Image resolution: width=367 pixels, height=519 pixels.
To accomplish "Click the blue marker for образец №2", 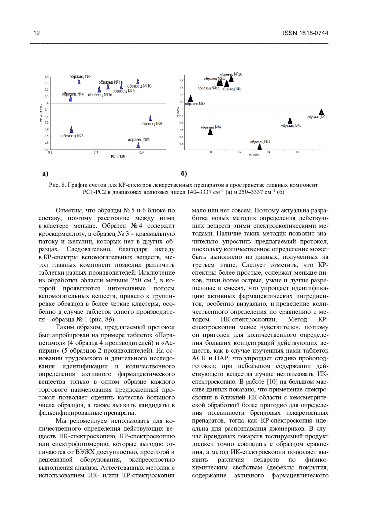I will (79, 81).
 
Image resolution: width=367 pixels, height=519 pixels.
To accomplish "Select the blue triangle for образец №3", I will (72, 130).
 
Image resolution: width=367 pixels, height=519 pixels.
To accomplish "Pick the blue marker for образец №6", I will (150, 118).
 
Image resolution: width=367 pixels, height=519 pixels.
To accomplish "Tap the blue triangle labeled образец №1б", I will (138, 81).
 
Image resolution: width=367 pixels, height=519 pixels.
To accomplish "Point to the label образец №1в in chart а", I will (100, 95).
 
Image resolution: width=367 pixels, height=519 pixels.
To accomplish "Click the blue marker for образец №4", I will (71, 98).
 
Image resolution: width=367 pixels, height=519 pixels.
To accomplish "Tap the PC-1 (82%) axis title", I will (119, 157).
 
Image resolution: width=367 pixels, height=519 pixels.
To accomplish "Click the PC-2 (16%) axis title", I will (41, 114).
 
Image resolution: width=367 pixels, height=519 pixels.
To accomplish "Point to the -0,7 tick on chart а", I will (46, 149).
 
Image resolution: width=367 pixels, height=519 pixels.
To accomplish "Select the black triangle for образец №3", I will (260, 147).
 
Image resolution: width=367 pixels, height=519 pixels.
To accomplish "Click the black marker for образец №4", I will (210, 132).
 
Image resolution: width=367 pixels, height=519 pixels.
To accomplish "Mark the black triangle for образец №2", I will (191, 98).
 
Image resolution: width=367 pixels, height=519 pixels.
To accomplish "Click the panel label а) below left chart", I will (45, 174).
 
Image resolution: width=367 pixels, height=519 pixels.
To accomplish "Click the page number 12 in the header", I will (36, 33).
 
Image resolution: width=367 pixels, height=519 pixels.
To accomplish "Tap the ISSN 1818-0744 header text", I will (306, 33).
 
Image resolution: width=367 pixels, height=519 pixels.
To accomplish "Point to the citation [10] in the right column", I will (272, 382).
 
